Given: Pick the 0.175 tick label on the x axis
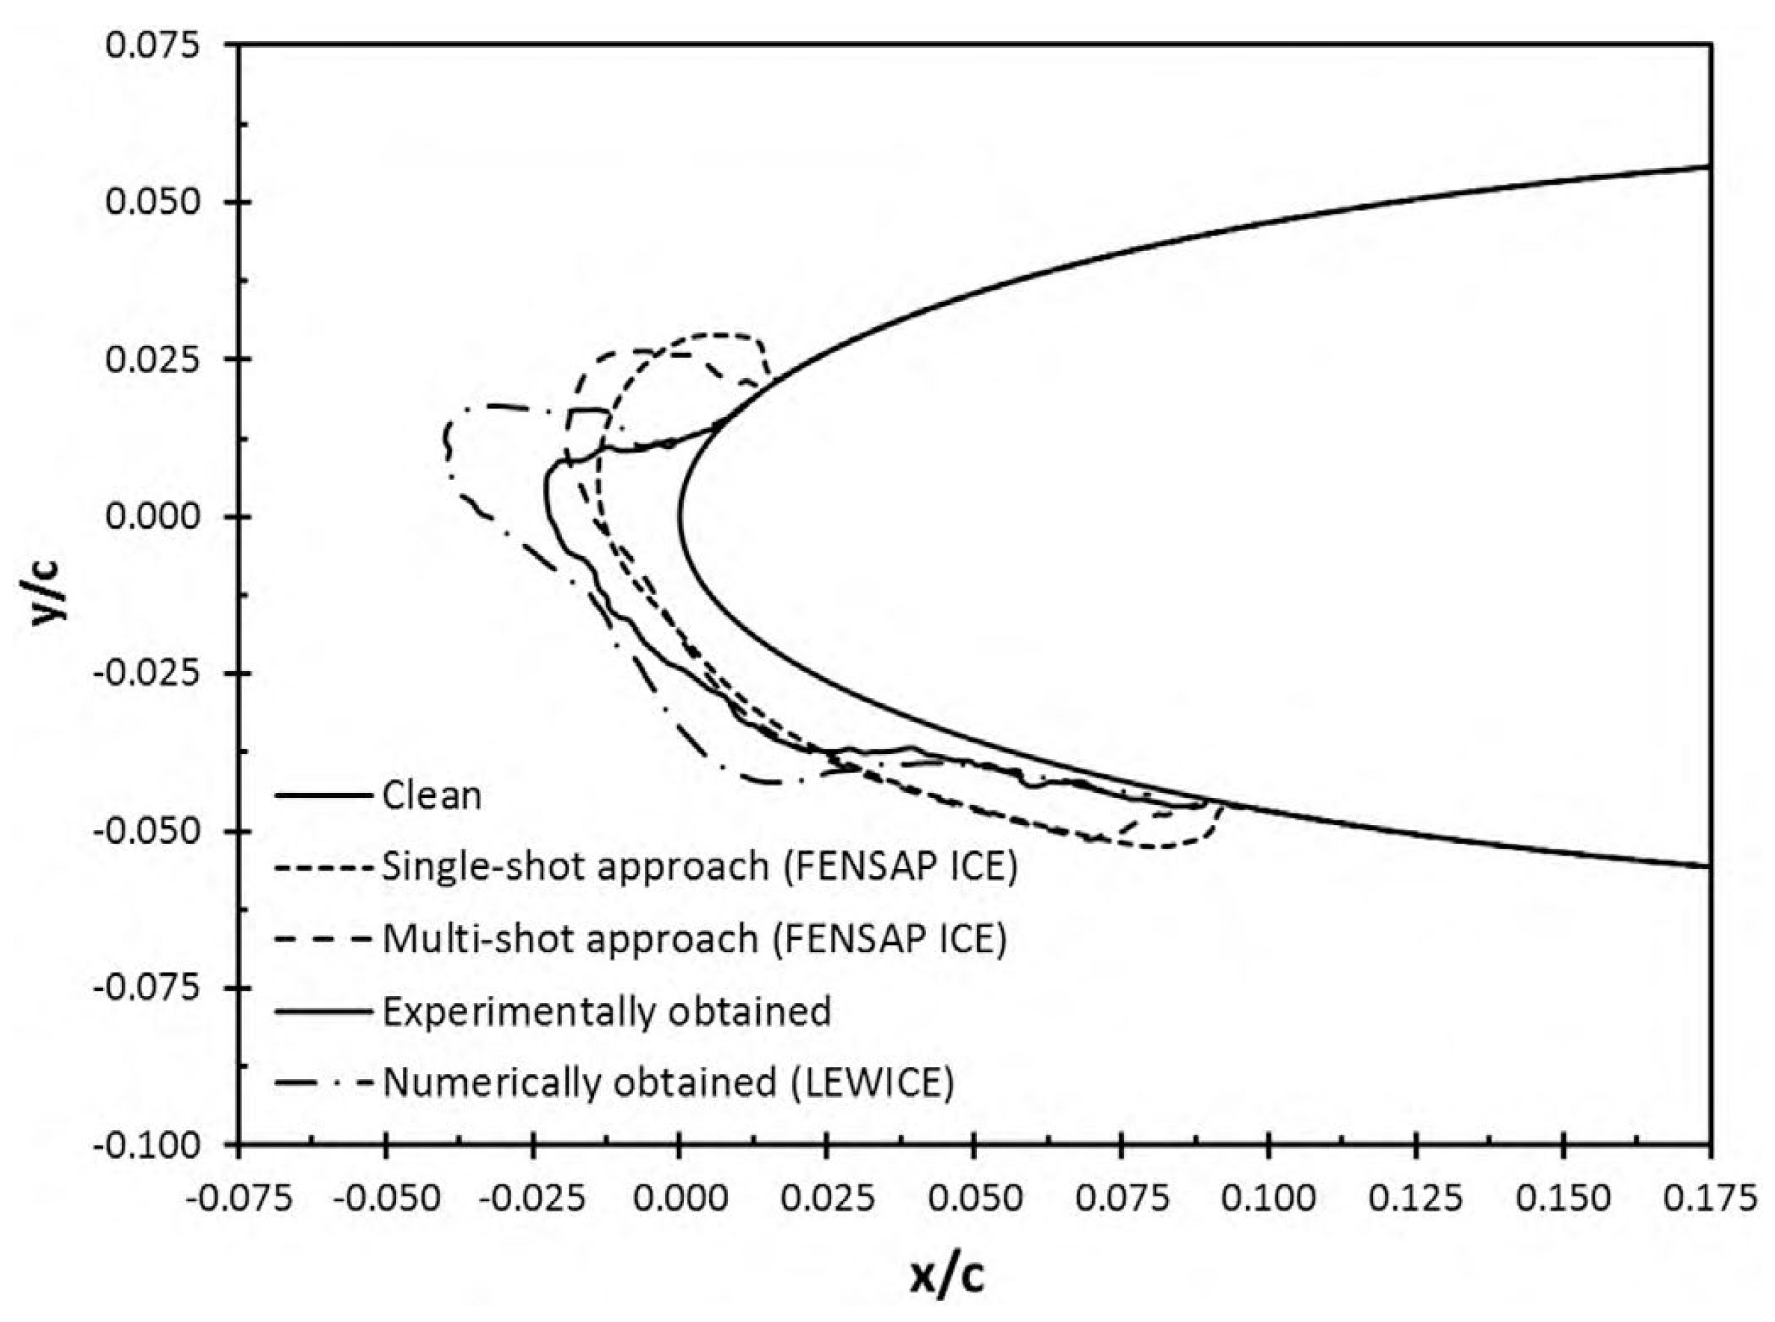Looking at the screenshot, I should point(1709,1198).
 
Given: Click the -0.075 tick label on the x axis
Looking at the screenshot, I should point(238,1198).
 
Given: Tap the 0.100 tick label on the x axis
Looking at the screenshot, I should point(1268,1198).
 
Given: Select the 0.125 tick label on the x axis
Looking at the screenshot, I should point(1416,1198).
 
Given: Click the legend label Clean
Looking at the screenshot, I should point(432,795).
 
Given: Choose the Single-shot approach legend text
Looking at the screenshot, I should point(700,866).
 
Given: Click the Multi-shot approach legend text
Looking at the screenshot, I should point(694,938).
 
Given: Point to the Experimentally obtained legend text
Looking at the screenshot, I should point(607,1010).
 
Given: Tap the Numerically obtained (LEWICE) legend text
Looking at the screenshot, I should point(668,1083).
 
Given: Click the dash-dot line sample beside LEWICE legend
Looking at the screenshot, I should point(324,1083).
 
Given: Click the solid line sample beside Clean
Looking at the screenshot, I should point(324,795).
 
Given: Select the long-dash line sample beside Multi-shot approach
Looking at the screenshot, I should point(324,938).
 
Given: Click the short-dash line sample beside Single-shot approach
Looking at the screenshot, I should point(324,866).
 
